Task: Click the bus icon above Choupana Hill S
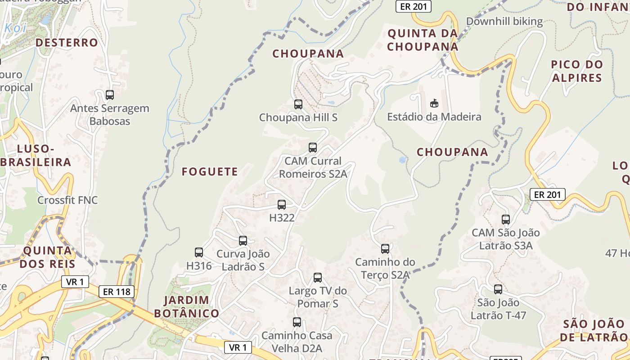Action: (298, 104)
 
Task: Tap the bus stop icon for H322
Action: (282, 205)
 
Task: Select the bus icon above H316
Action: (199, 252)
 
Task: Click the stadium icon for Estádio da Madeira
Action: (434, 103)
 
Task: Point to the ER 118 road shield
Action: (117, 292)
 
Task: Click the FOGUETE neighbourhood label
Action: (210, 171)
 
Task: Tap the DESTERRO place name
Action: (67, 43)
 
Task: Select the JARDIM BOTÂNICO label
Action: (186, 306)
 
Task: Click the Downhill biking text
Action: (504, 21)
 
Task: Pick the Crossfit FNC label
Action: (67, 200)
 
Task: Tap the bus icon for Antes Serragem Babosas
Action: (110, 95)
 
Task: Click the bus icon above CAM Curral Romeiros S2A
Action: (313, 148)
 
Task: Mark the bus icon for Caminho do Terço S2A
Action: (385, 249)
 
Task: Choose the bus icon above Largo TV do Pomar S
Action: (318, 278)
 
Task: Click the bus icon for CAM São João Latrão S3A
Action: (506, 220)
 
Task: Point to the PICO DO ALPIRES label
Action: (576, 71)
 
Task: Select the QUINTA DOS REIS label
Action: (47, 257)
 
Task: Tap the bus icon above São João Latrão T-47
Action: (498, 289)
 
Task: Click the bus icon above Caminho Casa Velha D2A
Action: (297, 322)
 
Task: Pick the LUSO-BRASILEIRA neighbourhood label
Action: (36, 155)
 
